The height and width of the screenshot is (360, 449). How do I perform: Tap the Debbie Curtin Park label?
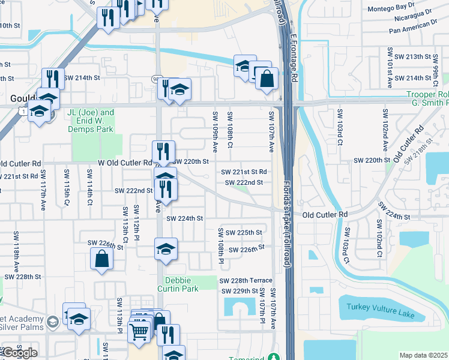point(181,284)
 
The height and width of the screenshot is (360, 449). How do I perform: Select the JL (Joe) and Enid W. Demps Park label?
point(91,116)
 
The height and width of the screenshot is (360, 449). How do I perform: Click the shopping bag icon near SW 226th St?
point(101,259)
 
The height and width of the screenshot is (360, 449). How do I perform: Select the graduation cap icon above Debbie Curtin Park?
point(166,249)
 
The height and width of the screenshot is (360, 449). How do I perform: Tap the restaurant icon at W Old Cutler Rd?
point(163,151)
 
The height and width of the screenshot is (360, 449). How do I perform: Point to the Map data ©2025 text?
point(423,355)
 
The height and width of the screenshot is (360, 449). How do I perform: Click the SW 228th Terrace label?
point(246,281)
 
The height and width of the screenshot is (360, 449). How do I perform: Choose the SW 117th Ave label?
point(43,188)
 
